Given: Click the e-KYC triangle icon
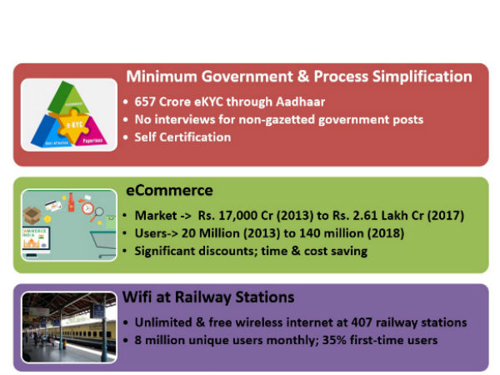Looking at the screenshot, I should [69, 114].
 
